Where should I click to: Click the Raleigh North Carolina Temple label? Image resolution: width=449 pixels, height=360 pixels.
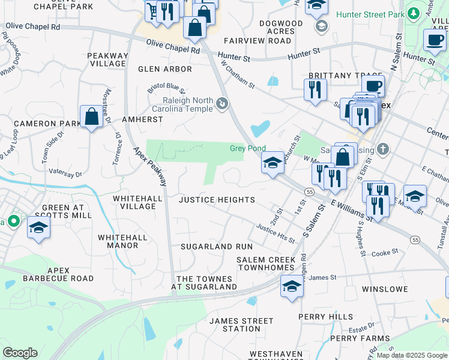[x=187, y=104]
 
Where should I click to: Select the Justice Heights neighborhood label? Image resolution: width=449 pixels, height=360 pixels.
[x=217, y=200]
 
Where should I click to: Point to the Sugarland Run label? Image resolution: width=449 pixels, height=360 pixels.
[x=217, y=247]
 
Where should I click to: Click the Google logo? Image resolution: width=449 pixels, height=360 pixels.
[x=20, y=353]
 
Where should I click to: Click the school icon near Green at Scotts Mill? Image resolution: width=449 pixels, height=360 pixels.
[x=38, y=227]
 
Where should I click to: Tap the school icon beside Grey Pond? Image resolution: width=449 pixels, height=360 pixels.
[x=273, y=162]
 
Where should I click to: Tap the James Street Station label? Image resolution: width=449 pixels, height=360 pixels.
[x=234, y=325]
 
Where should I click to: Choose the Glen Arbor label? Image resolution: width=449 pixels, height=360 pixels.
[x=165, y=69]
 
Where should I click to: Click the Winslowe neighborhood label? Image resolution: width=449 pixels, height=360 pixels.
[x=385, y=289]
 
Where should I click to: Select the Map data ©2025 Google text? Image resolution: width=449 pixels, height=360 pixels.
[x=411, y=355]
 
